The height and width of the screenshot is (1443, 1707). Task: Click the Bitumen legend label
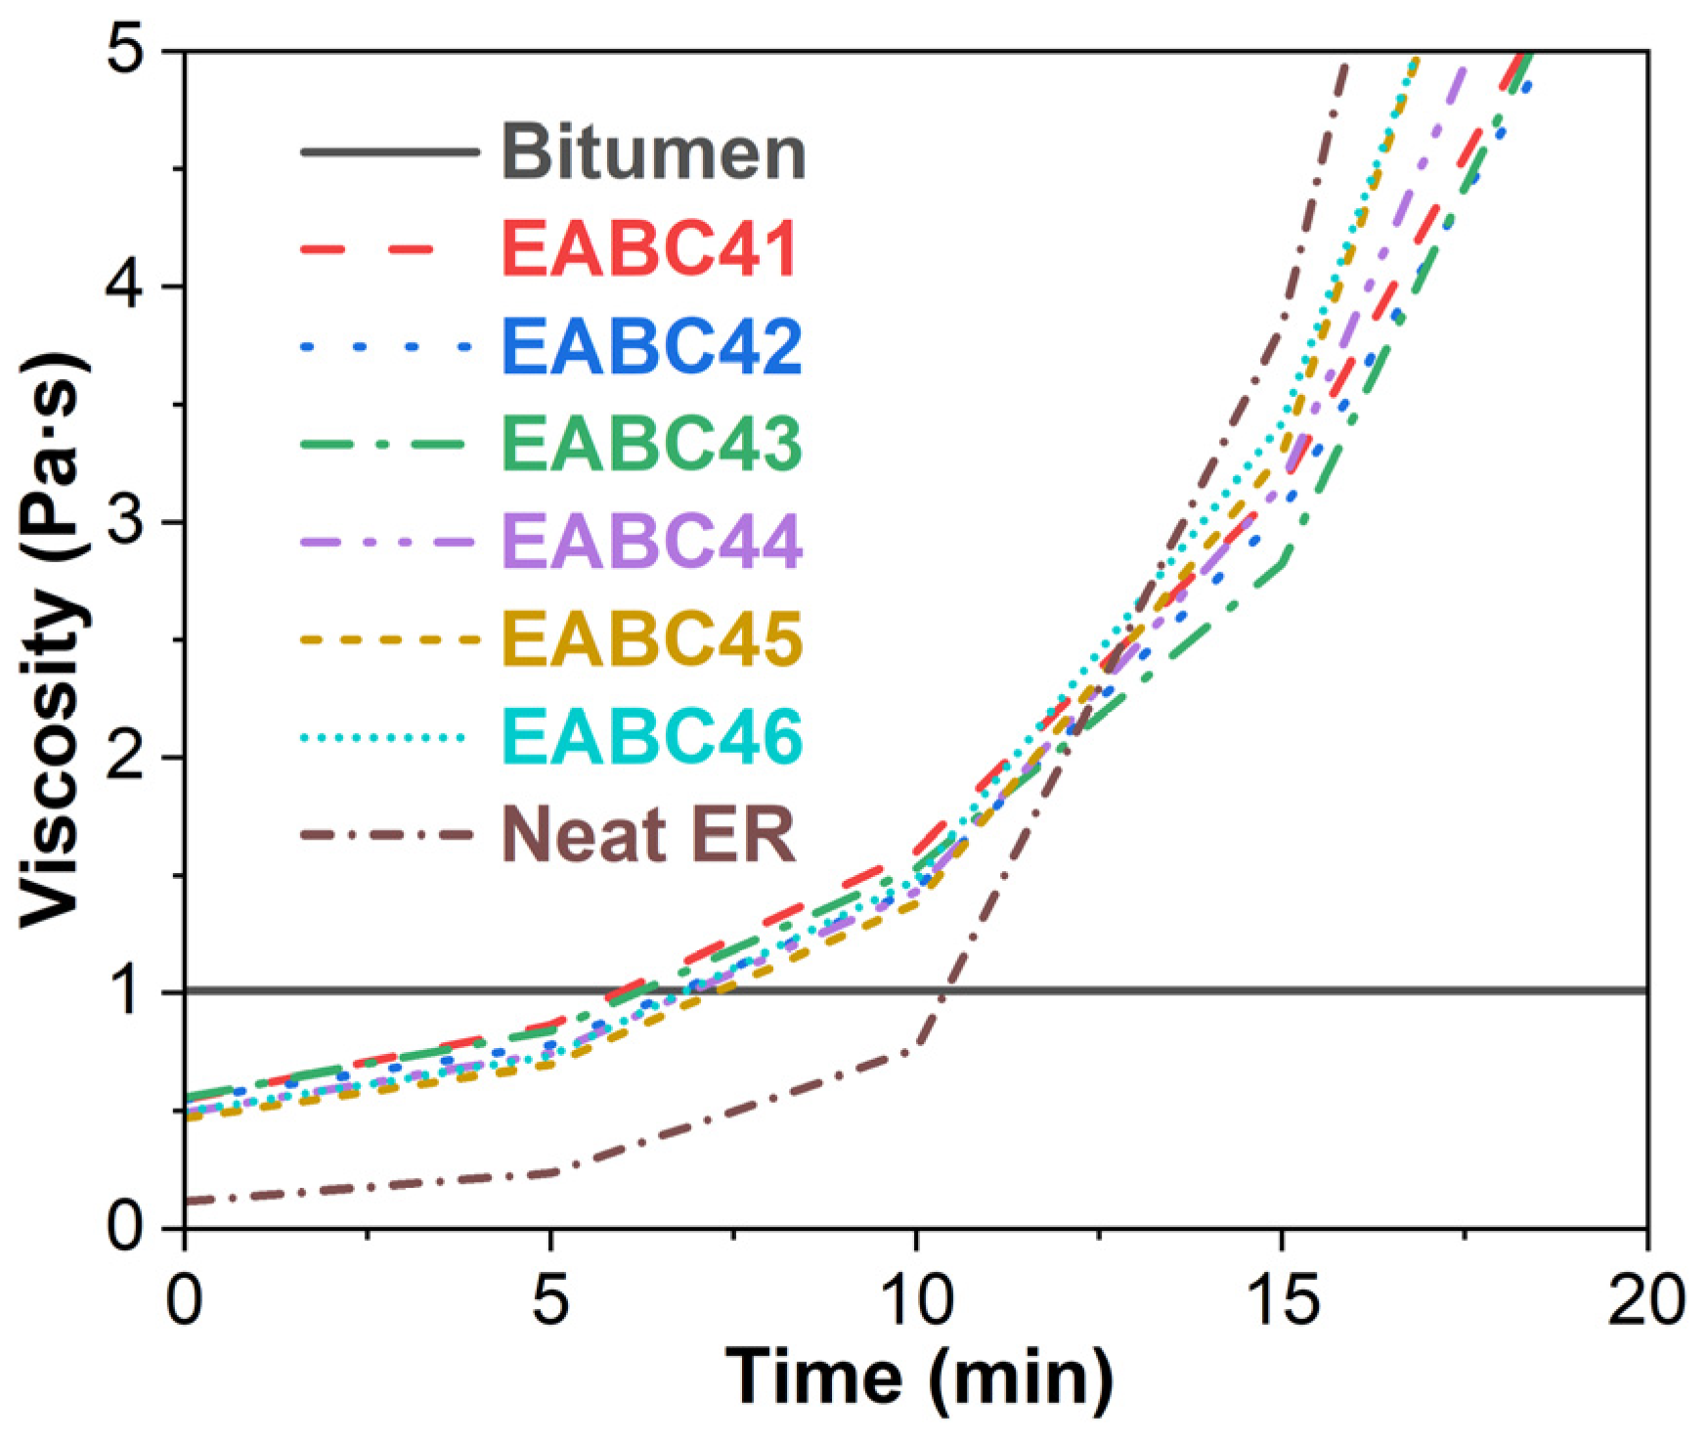(653, 153)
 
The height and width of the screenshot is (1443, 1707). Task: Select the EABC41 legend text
(651, 248)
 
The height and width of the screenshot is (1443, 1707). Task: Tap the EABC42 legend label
(651, 346)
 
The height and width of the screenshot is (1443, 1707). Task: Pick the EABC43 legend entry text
(651, 443)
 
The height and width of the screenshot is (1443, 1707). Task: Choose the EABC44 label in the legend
(651, 541)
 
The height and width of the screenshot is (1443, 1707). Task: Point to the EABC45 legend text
(651, 638)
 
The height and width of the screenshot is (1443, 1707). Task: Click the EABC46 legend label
(651, 736)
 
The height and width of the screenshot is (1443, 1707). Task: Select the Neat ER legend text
(649, 834)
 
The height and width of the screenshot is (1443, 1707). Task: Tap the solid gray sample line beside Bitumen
(388, 152)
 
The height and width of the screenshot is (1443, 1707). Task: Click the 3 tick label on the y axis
(127, 521)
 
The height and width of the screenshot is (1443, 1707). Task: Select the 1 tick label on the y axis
(127, 991)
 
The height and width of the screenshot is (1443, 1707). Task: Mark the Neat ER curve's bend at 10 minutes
(916, 1048)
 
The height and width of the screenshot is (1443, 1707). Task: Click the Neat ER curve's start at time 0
(187, 1200)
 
